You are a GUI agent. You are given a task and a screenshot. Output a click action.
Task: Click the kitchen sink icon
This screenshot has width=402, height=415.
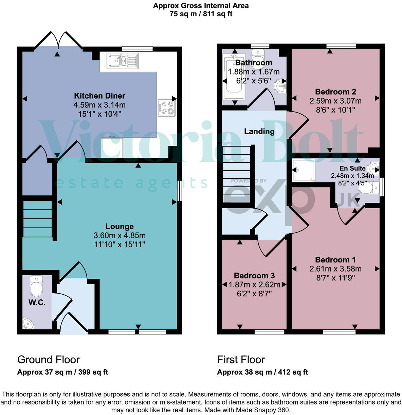click(123, 61)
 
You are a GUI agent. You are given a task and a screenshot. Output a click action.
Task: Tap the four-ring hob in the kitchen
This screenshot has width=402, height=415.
click(166, 108)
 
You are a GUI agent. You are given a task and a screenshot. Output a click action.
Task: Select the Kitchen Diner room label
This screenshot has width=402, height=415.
click(99, 96)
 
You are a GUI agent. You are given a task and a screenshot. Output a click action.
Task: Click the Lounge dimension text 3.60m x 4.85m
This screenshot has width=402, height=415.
click(119, 235)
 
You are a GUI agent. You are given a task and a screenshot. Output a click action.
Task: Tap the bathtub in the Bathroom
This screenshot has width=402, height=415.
click(234, 78)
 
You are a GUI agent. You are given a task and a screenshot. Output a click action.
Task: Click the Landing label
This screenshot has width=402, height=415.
click(259, 131)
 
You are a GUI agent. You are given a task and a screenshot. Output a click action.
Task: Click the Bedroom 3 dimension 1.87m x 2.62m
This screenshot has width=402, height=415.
click(254, 284)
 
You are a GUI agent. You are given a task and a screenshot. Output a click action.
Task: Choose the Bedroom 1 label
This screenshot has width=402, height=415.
click(335, 260)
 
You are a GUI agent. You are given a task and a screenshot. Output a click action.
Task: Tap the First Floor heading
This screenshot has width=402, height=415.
click(241, 359)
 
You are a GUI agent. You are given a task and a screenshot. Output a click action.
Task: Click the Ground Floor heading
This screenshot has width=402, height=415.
click(48, 359)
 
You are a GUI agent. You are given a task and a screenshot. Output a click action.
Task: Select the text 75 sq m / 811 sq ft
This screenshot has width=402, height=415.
click(201, 14)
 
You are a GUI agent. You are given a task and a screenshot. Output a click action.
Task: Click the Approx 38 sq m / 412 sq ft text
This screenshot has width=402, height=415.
click(262, 372)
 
